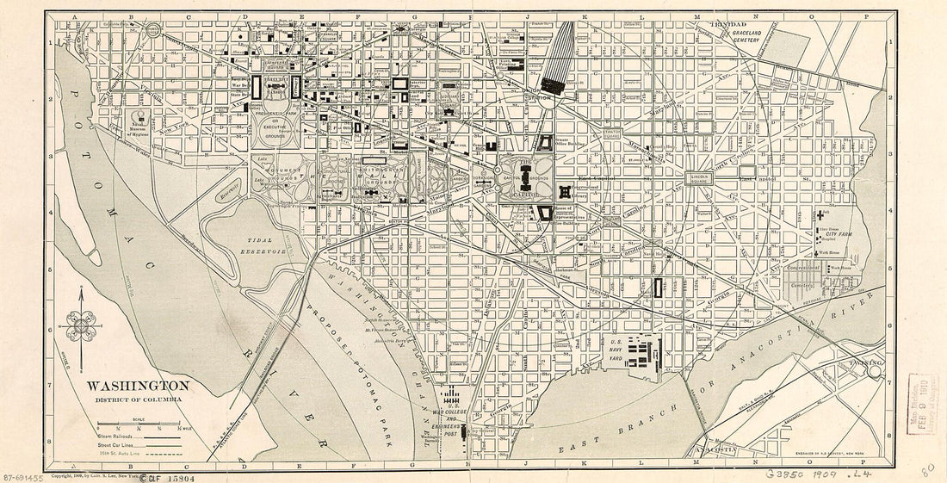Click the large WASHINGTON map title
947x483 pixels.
[x=138, y=385]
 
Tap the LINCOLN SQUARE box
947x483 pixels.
[x=700, y=177]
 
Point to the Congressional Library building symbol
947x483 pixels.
[x=565, y=192]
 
